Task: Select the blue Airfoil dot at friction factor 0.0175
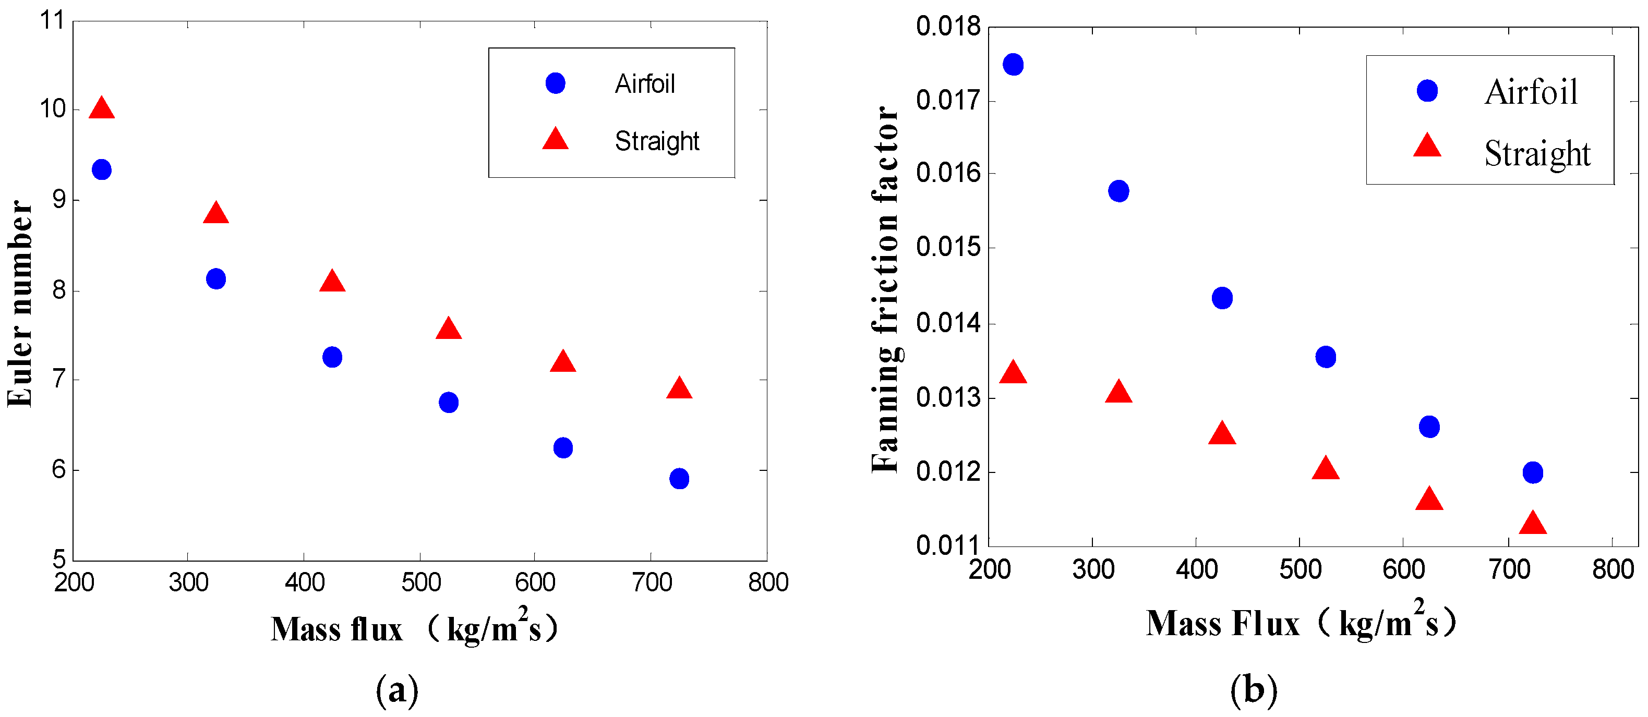tap(1013, 65)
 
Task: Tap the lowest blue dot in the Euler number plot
tap(679, 478)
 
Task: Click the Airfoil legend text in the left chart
tap(645, 84)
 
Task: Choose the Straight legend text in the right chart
tap(1537, 153)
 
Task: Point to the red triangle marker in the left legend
tap(555, 139)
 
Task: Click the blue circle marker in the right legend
tap(1427, 91)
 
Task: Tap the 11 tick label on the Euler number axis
tap(53, 20)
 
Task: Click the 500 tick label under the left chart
tap(421, 582)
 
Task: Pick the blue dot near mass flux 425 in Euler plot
tap(332, 357)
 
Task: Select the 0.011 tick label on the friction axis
tap(948, 545)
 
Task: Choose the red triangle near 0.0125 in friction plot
tap(1222, 434)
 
